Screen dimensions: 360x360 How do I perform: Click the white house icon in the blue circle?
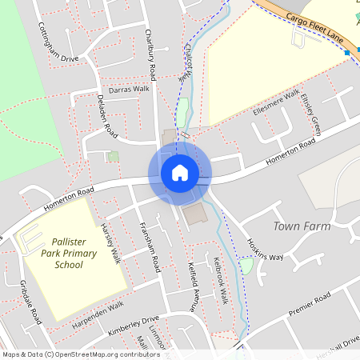tap(179, 172)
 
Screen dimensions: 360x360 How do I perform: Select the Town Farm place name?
tap(302, 226)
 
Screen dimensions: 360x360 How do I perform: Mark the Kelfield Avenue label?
tap(193, 284)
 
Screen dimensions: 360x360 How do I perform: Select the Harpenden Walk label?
tap(98, 310)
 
